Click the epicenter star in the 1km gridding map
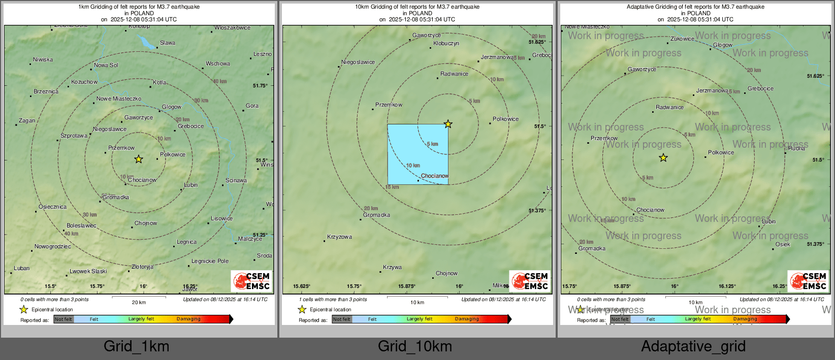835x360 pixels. pyautogui.click(x=139, y=159)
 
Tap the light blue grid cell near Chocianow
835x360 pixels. pyautogui.click(x=417, y=154)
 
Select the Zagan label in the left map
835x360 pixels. pyautogui.click(x=27, y=121)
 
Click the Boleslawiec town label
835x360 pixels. pyautogui.click(x=81, y=226)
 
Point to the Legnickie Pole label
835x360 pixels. pyautogui.click(x=210, y=261)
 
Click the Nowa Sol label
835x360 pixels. pyautogui.click(x=106, y=66)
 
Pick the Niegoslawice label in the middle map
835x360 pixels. pyautogui.click(x=358, y=62)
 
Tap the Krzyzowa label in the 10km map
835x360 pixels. pyautogui.click(x=339, y=237)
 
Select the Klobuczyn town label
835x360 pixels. pyautogui.click(x=446, y=44)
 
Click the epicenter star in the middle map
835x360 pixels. pyautogui.click(x=448, y=124)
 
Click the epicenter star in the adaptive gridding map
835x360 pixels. pyautogui.click(x=663, y=158)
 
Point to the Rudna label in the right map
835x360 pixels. pyautogui.click(x=796, y=149)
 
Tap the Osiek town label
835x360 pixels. pyautogui.click(x=783, y=245)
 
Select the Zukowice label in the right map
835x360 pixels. pyautogui.click(x=682, y=39)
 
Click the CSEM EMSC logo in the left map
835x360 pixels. pyautogui.click(x=252, y=281)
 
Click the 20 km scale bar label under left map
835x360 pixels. pyautogui.click(x=139, y=303)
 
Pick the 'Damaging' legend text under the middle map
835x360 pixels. pyautogui.click(x=467, y=319)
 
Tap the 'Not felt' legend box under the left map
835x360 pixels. pyautogui.click(x=63, y=319)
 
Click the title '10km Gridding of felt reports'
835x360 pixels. pyautogui.click(x=417, y=7)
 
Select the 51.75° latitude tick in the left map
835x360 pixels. pyautogui.click(x=260, y=86)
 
